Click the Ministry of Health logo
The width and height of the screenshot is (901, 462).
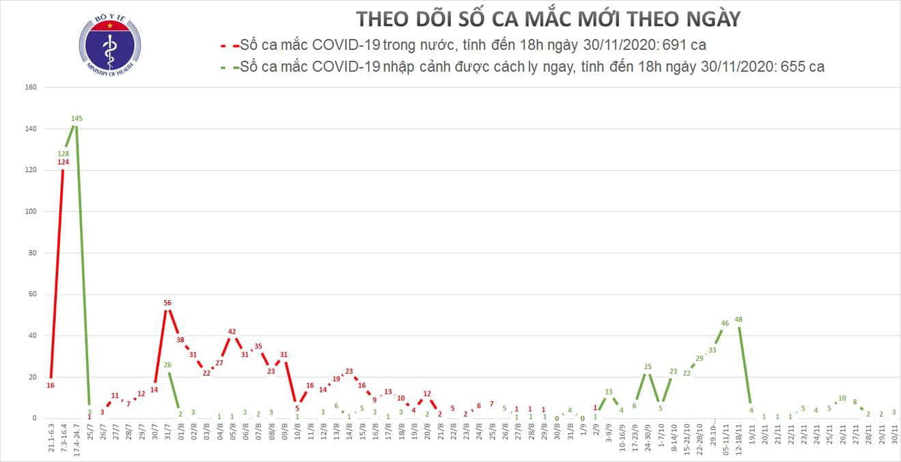110,47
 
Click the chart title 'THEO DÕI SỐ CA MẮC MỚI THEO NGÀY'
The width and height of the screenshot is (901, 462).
549,18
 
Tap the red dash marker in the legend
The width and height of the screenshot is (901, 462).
227,46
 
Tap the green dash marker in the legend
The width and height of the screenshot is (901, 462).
227,67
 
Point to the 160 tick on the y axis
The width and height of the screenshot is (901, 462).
30,87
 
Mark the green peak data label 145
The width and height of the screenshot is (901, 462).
77,119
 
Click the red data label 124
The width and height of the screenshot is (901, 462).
64,162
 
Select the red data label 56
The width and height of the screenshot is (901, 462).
167,303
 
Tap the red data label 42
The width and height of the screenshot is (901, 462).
232,331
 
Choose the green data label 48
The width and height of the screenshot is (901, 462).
738,319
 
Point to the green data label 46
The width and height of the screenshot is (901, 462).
725,323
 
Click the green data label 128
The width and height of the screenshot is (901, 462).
64,154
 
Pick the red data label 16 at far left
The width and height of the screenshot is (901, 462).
51,385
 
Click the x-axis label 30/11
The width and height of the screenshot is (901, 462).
893,435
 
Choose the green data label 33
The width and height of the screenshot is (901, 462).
712,350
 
